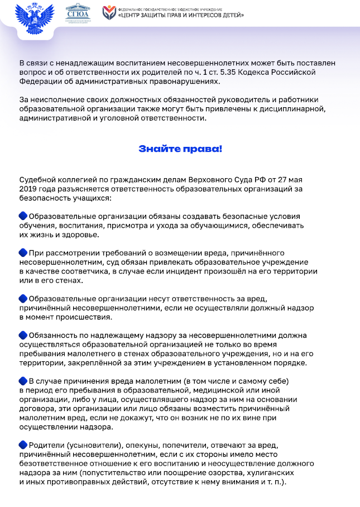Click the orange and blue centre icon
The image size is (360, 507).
(x=108, y=12)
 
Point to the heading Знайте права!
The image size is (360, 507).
(x=180, y=149)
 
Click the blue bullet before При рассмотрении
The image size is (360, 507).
(x=23, y=253)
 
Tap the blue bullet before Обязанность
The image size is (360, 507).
(x=23, y=335)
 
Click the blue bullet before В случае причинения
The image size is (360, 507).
(x=23, y=381)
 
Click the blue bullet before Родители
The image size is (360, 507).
(x=23, y=444)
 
